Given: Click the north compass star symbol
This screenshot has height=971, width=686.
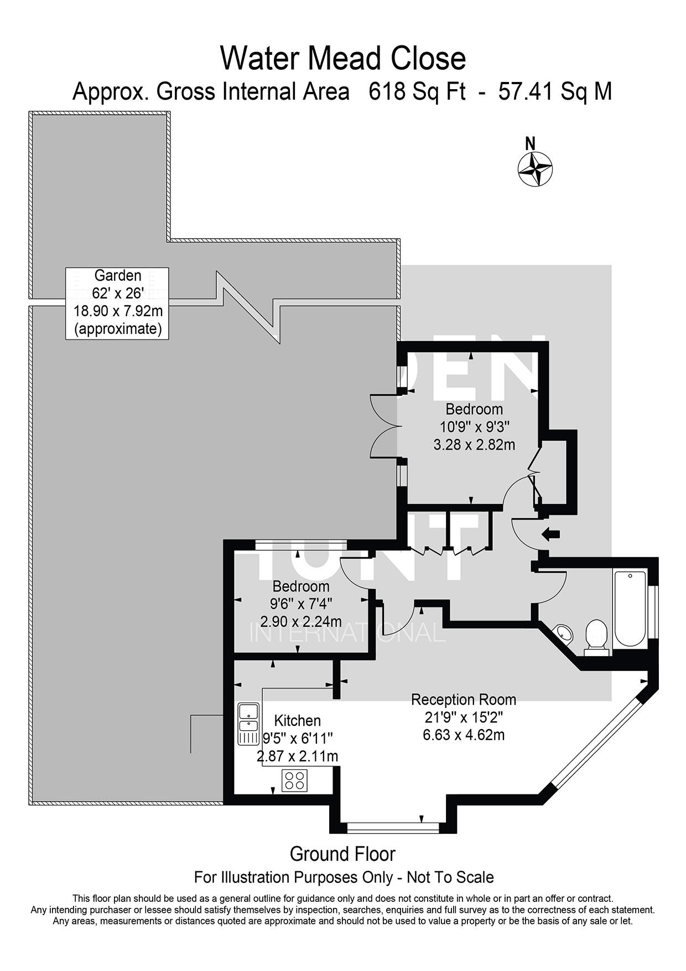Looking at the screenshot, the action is tap(535, 169).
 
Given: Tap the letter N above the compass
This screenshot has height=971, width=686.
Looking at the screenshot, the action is tap(530, 143).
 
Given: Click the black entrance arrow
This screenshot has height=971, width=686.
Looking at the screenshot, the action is tap(551, 535).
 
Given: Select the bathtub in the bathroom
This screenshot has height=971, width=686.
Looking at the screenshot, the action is tap(630, 608).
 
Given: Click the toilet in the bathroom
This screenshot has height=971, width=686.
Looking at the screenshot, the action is tap(596, 637).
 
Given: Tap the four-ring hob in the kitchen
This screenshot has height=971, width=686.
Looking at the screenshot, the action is tap(294, 781).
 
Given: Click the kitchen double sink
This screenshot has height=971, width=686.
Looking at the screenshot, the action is tap(248, 724).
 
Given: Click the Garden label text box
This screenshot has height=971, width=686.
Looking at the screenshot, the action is tap(117, 303).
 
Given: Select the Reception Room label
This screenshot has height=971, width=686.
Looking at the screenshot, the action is tap(464, 700).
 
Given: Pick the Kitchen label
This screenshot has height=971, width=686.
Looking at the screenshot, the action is tap(298, 721).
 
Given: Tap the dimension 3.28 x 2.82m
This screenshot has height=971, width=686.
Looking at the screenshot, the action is tap(474, 445).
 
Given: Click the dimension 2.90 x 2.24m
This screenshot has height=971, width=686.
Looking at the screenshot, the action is tap(301, 621).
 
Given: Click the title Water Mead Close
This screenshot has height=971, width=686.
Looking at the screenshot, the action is tap(343, 58).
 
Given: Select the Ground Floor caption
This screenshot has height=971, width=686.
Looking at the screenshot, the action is tap(342, 854).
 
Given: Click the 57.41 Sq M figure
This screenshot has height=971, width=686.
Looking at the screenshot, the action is tap(555, 91).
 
